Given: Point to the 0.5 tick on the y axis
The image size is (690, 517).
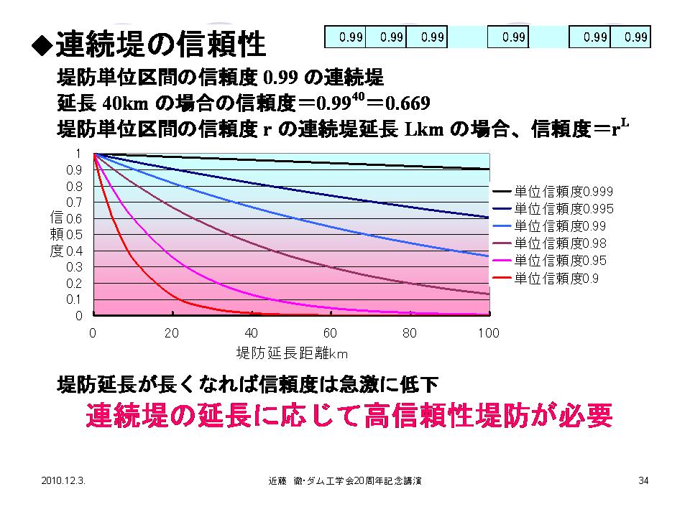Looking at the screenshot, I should pos(75,235).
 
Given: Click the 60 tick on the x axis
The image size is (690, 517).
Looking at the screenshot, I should pos(331,333).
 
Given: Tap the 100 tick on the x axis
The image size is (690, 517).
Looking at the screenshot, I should pos(489,333).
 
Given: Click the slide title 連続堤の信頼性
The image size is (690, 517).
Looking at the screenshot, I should pos(160,45).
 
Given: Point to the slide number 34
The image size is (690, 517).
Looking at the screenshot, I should pos(643,480).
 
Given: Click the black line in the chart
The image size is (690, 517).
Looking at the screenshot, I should pos(287,161).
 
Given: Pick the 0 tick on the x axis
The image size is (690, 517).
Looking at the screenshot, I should pos(93,333).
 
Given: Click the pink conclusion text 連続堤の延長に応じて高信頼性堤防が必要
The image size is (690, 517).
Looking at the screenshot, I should pos(349,416).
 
